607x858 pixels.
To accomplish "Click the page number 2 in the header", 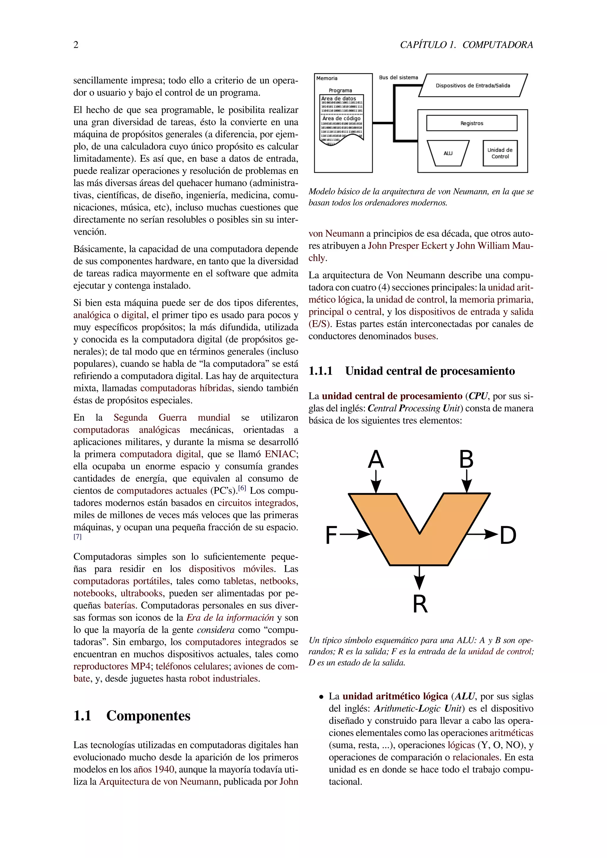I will click(x=76, y=45).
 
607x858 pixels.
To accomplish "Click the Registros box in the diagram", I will click(x=472, y=123).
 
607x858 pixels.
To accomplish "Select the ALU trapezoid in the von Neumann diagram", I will click(x=448, y=153).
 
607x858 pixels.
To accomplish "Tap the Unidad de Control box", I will click(x=500, y=153).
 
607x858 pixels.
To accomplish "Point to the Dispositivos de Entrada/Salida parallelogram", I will click(x=473, y=86).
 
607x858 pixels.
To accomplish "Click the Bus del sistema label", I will click(x=398, y=78).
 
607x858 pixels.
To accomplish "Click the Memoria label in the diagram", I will click(x=327, y=79).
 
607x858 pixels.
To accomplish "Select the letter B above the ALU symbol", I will click(x=466, y=459).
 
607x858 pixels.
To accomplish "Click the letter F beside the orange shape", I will click(x=331, y=535).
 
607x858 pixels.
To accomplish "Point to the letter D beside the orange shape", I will click(x=508, y=535).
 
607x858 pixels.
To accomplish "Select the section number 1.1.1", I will click(x=320, y=371).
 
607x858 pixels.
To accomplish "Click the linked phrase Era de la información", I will click(x=230, y=618).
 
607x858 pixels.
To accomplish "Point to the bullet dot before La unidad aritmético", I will click(x=321, y=697).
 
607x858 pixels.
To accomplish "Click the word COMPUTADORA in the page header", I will click(x=498, y=45).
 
